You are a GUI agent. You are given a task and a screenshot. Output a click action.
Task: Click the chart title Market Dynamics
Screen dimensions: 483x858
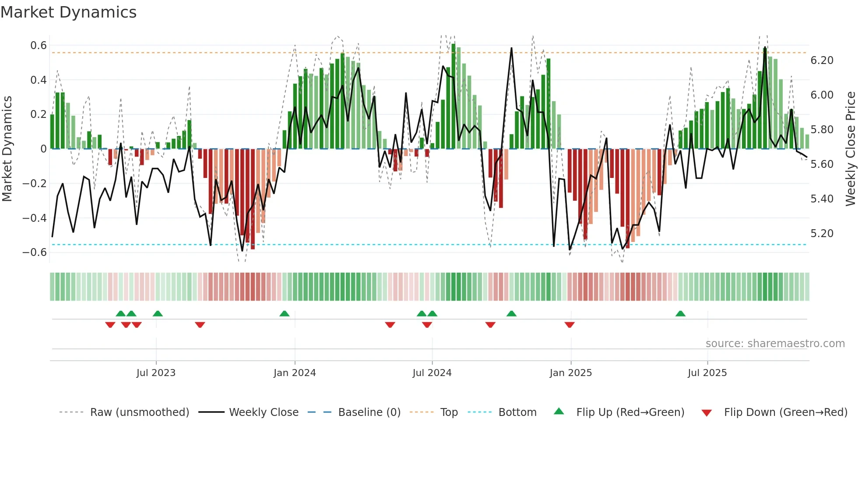[x=68, y=12]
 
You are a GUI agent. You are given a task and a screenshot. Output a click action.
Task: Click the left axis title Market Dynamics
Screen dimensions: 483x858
[x=7, y=149]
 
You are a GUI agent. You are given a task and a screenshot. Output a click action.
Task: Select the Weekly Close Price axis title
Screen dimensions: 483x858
[x=850, y=149]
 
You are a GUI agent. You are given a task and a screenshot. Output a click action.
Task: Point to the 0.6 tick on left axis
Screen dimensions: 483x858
[x=39, y=46]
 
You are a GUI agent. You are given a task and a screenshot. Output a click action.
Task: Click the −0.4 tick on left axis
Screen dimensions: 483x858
[x=35, y=218]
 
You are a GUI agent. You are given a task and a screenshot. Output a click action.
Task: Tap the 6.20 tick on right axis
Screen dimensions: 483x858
[x=822, y=60]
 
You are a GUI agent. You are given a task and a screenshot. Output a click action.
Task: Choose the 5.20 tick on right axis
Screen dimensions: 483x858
[x=822, y=234]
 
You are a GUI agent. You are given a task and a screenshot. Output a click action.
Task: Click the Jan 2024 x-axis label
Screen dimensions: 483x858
[x=295, y=373]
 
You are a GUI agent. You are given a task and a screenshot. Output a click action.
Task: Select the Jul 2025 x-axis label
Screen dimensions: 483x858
[x=707, y=373]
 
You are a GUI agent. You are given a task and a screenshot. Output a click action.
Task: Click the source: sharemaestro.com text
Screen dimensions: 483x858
[x=775, y=344]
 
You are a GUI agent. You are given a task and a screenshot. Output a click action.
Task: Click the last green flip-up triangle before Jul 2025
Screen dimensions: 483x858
[x=680, y=314]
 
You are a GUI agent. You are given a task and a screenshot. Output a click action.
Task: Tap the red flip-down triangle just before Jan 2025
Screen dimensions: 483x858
[x=570, y=325]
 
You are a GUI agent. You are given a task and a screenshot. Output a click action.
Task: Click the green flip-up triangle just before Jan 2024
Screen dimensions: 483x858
[x=285, y=314]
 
